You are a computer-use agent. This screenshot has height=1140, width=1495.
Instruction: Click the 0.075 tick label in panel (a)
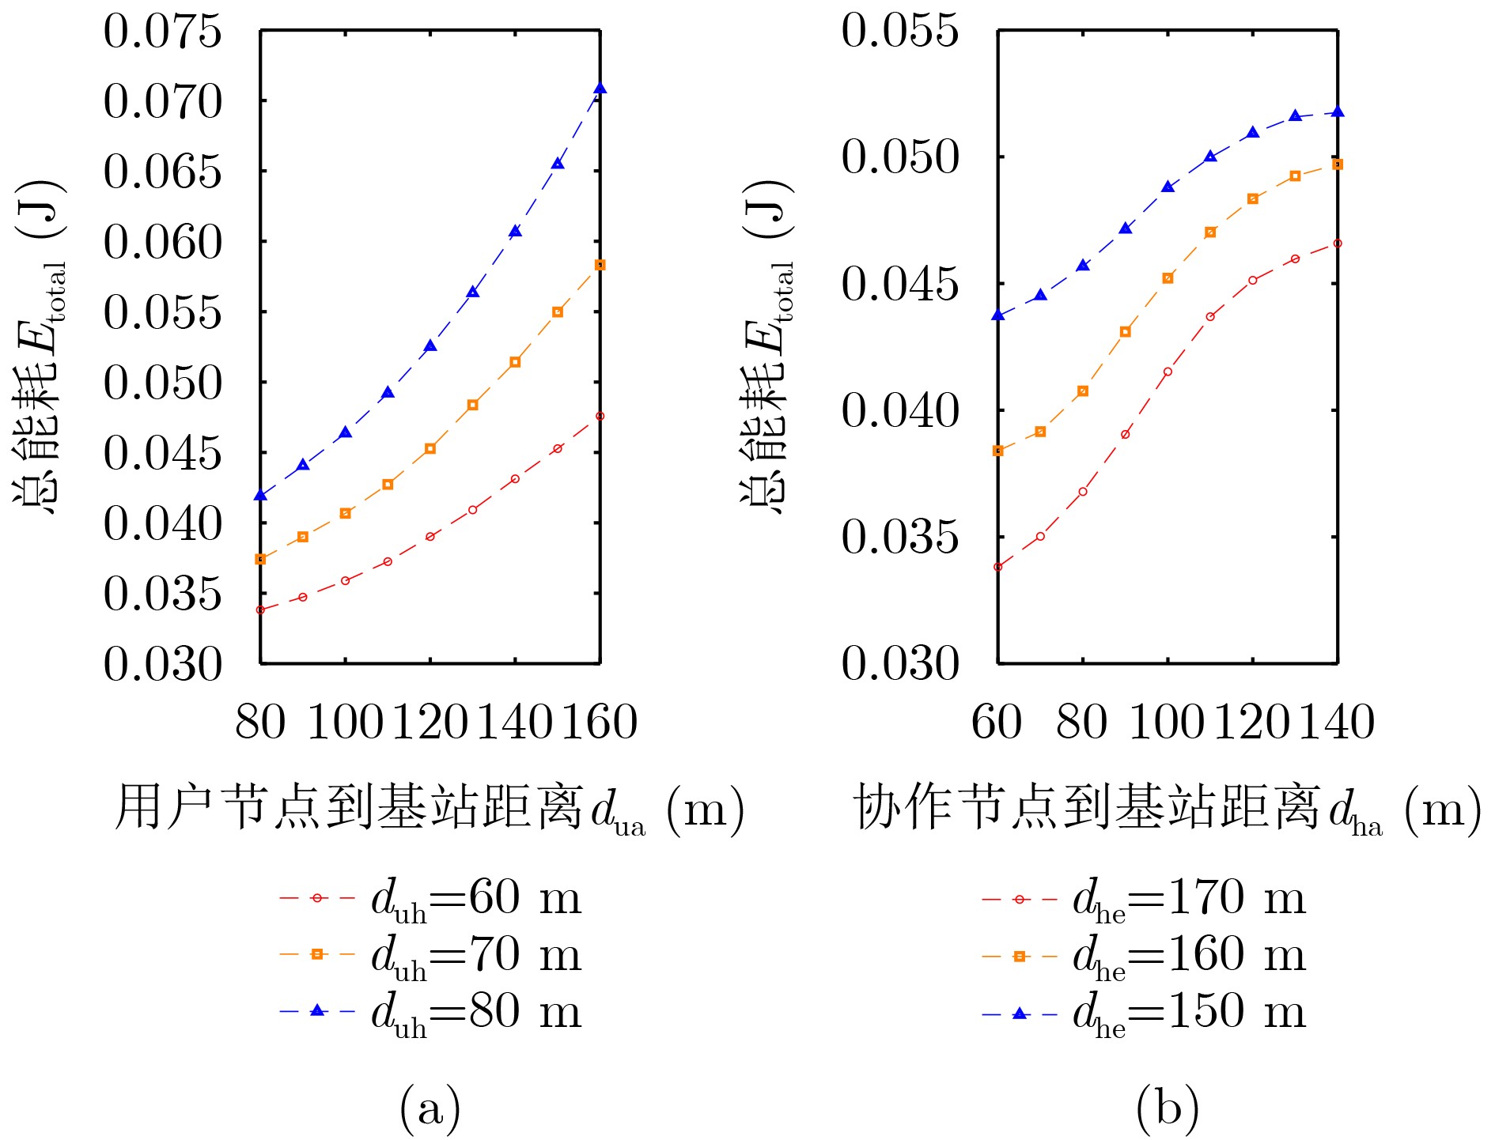pos(162,32)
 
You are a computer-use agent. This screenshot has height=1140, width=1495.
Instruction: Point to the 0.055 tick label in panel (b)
pos(899,32)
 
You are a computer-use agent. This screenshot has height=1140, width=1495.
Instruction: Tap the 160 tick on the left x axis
pos(600,722)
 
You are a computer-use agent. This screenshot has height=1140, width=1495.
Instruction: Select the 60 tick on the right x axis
pos(997,722)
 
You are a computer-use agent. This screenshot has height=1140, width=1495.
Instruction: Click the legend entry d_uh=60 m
pos(430,899)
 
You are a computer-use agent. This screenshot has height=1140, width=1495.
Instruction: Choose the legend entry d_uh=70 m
pos(430,955)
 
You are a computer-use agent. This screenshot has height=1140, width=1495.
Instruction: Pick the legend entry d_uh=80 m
pos(430,1011)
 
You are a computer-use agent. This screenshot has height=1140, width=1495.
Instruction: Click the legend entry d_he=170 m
pos(1143,899)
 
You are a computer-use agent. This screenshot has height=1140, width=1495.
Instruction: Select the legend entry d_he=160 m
pos(1143,955)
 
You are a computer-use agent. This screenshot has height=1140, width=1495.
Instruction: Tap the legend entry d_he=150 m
pos(1143,1012)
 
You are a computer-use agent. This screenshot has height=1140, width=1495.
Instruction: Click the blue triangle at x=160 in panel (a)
pos(600,88)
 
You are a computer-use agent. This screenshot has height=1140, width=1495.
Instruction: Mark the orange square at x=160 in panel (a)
pos(600,265)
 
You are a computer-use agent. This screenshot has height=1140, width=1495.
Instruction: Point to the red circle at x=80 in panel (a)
pos(260,610)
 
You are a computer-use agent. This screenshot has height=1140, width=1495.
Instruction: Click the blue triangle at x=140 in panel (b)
pos(1338,111)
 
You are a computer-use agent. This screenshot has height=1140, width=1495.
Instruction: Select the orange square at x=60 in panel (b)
pos(998,451)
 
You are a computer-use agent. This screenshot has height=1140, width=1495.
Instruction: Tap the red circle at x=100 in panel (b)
pos(1168,372)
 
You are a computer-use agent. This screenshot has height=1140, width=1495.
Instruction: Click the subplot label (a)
pos(430,1107)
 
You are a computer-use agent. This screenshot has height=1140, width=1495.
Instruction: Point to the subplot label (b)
pos(1168,1107)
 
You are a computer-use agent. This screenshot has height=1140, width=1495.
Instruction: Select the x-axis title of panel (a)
pos(430,808)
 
